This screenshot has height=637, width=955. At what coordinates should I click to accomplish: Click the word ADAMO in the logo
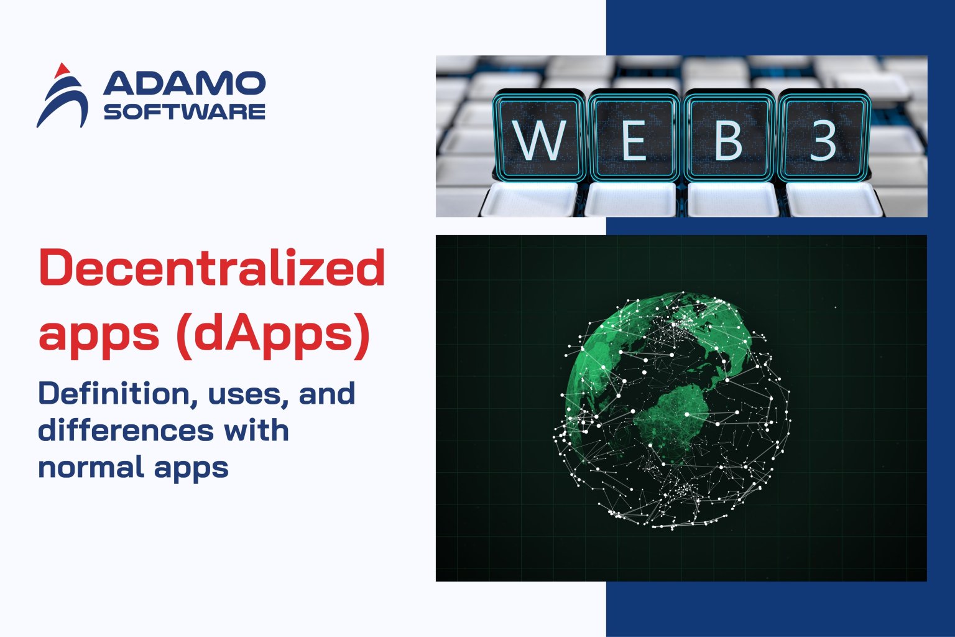point(185,83)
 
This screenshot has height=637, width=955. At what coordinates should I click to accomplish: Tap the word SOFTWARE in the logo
point(185,112)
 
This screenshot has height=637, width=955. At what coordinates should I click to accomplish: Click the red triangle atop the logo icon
point(61,70)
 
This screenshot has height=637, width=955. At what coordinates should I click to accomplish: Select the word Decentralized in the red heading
point(212,268)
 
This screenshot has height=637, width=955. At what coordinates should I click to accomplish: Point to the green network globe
point(671,411)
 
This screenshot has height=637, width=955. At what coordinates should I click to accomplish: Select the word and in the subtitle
point(327,394)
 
